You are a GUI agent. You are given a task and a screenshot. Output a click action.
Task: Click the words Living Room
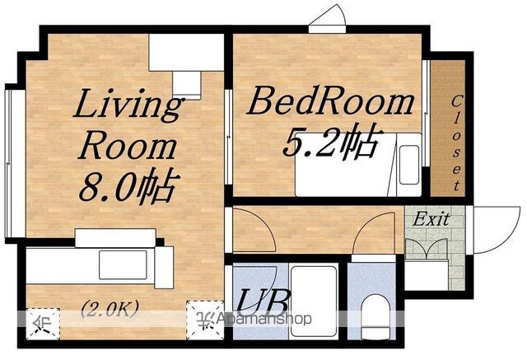coord(128,124)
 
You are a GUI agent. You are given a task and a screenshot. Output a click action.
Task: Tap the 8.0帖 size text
coord(128,185)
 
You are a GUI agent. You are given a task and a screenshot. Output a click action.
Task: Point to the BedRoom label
coord(331,101)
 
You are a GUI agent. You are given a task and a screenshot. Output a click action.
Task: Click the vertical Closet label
coord(455,143)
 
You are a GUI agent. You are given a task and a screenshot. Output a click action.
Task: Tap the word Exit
coord(431,219)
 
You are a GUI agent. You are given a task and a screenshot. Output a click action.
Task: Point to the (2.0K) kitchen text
coord(110,308)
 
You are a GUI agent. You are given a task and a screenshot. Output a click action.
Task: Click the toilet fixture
coord(375,316)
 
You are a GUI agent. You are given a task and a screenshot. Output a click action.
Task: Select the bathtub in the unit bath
coord(314,301)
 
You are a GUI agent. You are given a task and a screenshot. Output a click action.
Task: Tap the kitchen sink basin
coord(123,264)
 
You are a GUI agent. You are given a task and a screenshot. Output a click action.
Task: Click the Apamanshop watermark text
coord(264,318)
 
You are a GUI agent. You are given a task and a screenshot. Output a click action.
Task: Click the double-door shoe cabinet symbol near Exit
coord(427,249)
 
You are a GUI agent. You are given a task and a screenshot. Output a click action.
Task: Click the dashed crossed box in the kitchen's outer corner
coord(43,324)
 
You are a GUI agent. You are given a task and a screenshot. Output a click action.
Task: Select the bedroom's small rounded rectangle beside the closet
coord(409,165)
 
